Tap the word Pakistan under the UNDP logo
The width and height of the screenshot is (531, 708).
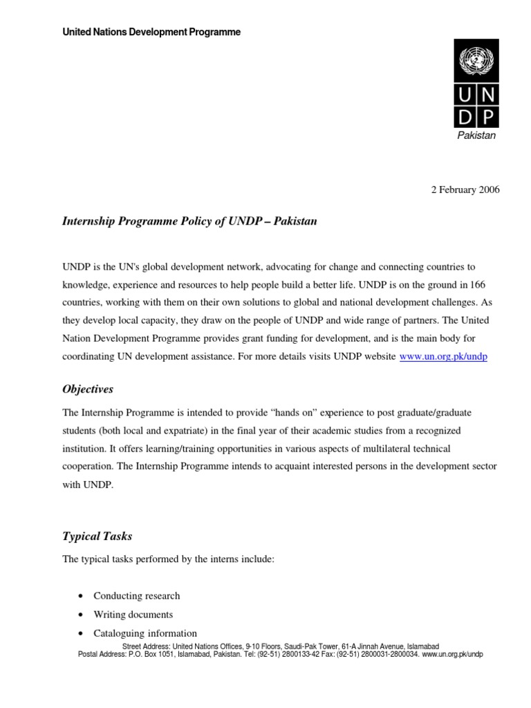[477, 136]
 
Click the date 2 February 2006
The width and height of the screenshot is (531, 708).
[465, 189]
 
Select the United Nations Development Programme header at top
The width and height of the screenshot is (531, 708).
[151, 32]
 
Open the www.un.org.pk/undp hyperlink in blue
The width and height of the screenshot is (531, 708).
[443, 356]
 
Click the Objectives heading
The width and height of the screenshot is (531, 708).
[88, 389]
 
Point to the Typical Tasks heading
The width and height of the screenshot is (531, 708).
[97, 536]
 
